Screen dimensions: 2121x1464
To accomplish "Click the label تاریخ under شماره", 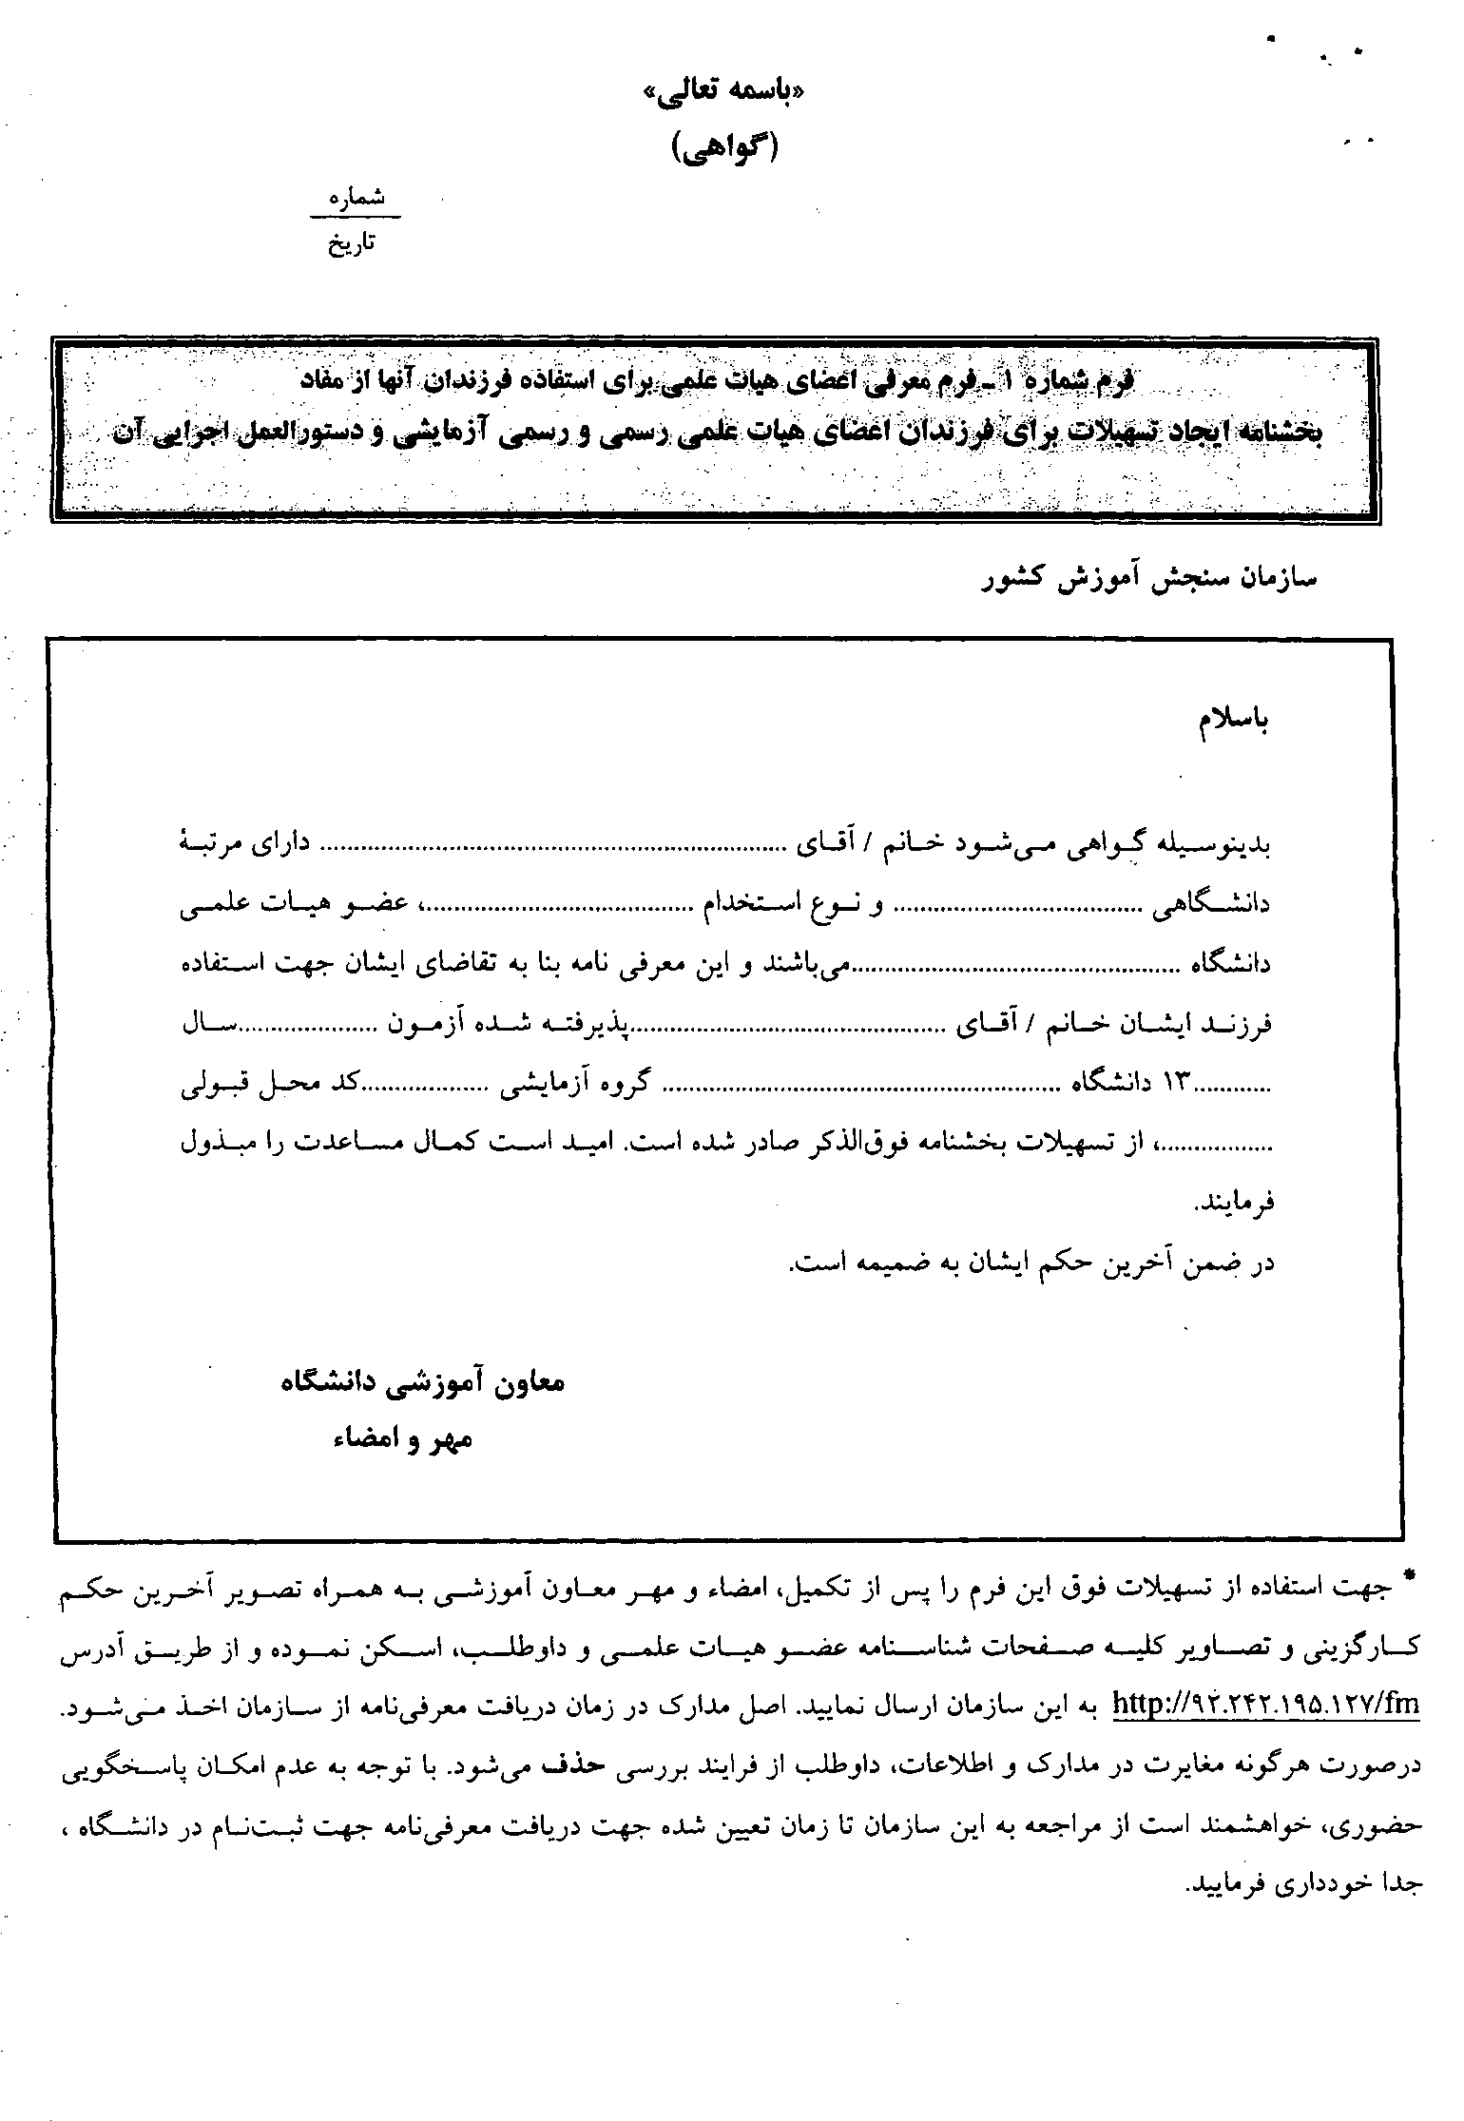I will [x=352, y=244].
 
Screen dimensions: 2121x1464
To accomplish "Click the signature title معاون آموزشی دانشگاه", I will [x=423, y=1382].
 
